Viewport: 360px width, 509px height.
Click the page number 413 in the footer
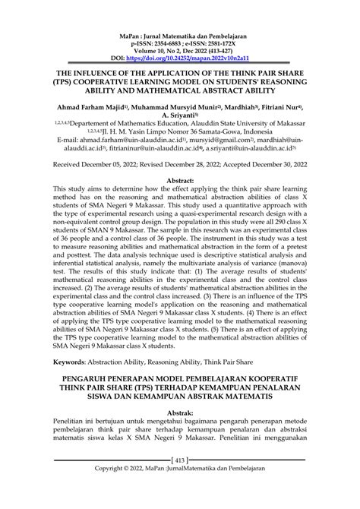coord(179,480)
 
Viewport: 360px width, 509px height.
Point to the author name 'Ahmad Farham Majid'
coord(84,108)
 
